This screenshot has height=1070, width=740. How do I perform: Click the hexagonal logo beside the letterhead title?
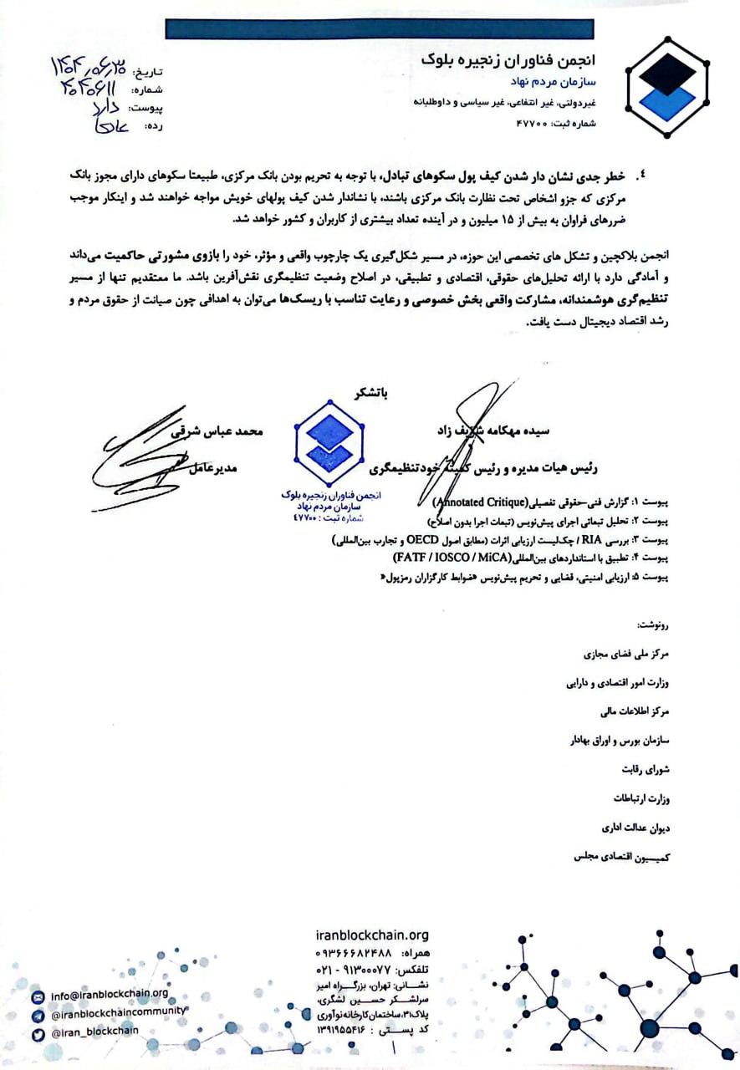[667, 87]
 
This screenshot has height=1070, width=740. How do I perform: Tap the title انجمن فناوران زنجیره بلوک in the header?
[522, 60]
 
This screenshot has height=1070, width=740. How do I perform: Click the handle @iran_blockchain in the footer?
[94, 1032]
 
